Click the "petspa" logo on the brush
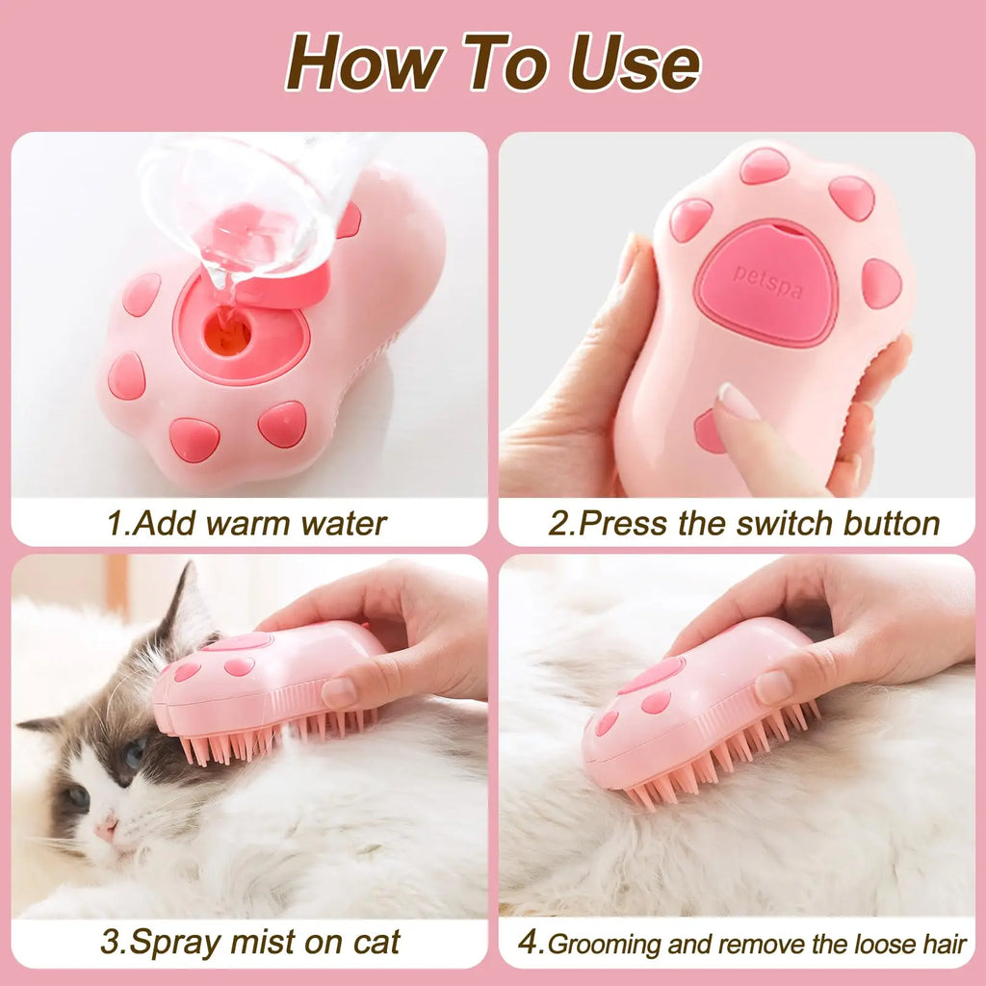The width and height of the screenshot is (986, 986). coord(767,281)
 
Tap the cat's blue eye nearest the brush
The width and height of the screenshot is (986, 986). coord(133,754)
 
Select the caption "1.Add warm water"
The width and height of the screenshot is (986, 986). coord(246,524)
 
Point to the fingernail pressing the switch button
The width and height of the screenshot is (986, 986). coord(738,401)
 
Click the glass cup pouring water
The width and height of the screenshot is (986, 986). coord(241,212)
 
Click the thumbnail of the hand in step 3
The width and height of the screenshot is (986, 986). coord(340,691)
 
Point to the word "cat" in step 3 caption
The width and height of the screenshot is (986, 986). coord(370,942)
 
